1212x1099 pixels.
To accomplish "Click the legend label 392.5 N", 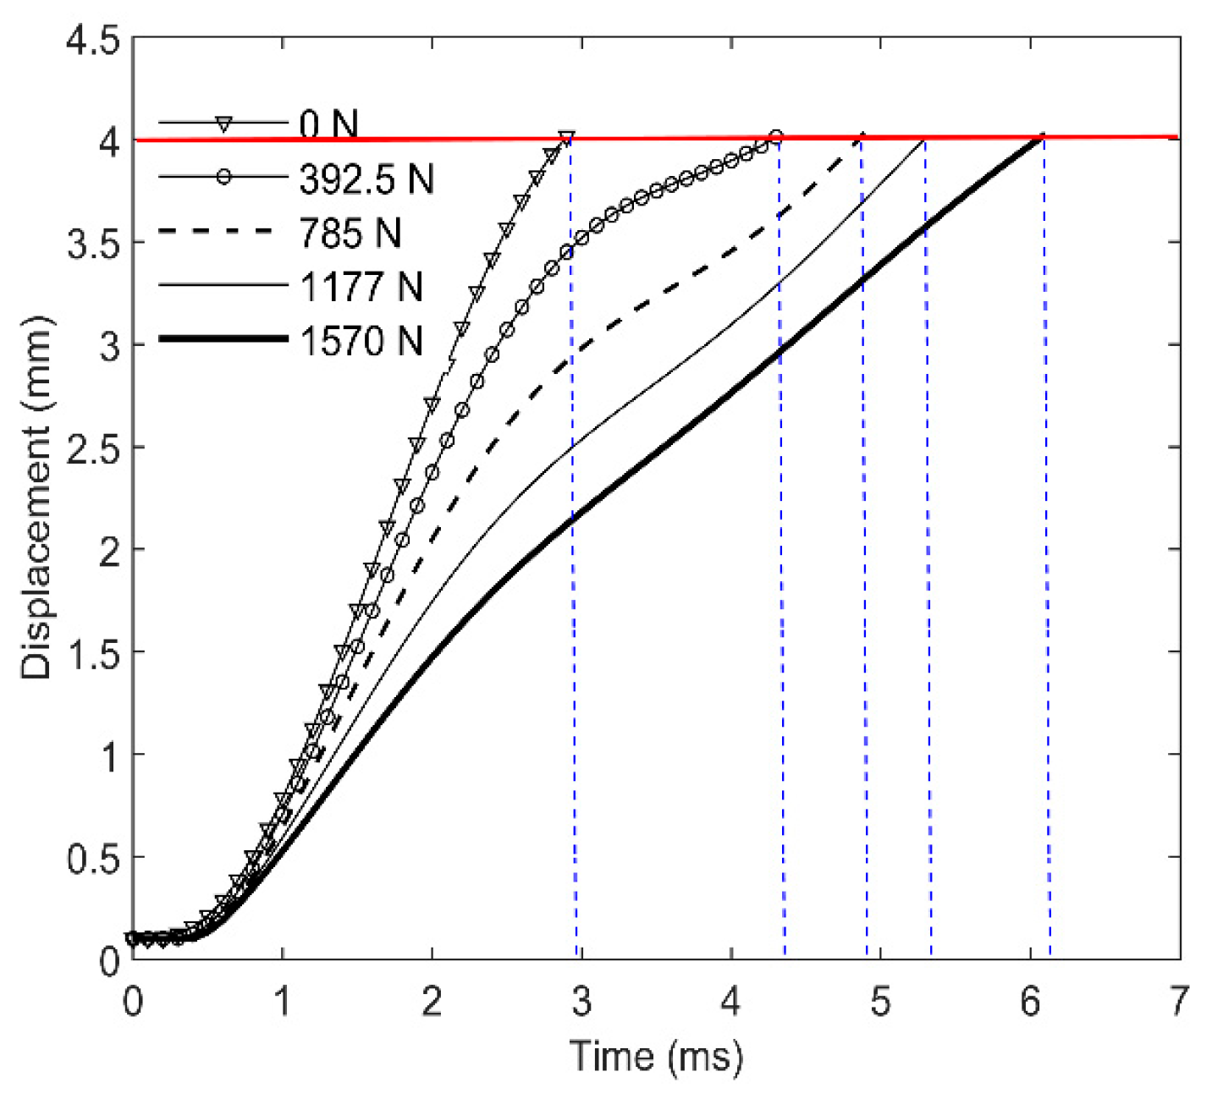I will pyautogui.click(x=366, y=179).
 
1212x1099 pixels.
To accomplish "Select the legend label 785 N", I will pyautogui.click(x=350, y=233).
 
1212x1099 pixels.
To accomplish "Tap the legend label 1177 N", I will pyautogui.click(x=361, y=287).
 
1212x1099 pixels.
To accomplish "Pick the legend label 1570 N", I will pyautogui.click(x=361, y=341).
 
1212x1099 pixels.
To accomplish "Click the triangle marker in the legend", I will pyautogui.click(x=223, y=124).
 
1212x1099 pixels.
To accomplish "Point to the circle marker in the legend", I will pyautogui.click(x=223, y=177).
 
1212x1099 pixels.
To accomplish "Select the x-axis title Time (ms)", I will pyautogui.click(x=656, y=1056).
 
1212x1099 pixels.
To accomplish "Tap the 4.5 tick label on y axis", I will pyautogui.click(x=93, y=40).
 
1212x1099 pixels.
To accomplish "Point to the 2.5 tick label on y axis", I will pyautogui.click(x=93, y=448).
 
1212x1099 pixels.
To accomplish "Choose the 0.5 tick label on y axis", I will pyautogui.click(x=93, y=858).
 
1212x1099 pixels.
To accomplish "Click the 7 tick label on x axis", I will pyautogui.click(x=1178, y=1002).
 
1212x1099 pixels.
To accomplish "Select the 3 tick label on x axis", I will pyautogui.click(x=581, y=1002).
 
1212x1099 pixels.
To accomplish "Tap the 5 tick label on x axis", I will pyautogui.click(x=880, y=1002).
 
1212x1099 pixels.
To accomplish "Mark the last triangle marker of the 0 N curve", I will pyautogui.click(x=566, y=137).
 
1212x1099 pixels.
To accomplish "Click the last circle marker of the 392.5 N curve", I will pyautogui.click(x=775, y=137).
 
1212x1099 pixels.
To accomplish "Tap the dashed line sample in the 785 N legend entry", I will pyautogui.click(x=223, y=231).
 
